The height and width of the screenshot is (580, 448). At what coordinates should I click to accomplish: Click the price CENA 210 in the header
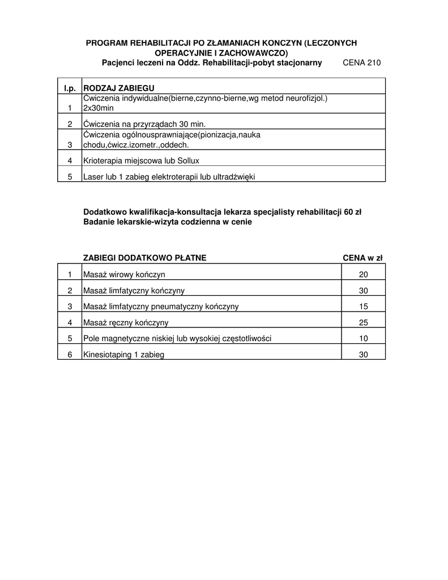362,62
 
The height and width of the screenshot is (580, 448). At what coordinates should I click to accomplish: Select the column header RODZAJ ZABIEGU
118,88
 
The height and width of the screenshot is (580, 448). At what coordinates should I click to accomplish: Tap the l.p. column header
70,88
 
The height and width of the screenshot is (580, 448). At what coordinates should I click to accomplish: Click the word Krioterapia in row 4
103,160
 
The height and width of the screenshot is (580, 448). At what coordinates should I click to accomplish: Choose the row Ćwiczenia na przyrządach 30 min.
144,124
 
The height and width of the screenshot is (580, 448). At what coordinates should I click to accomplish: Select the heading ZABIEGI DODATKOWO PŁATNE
144,258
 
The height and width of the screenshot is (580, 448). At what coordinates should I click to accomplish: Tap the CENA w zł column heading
363,258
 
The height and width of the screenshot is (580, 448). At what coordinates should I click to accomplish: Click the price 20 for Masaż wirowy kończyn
364,275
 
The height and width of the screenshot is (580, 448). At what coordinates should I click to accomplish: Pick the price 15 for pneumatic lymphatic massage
364,306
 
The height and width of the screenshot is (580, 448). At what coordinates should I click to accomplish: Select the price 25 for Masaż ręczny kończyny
364,323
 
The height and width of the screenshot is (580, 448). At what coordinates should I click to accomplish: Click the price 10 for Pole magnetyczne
364,339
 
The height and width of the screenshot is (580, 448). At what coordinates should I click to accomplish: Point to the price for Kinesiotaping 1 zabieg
364,355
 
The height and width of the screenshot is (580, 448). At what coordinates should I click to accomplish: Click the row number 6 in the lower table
70,355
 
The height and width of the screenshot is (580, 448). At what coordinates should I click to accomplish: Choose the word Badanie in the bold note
98,223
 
